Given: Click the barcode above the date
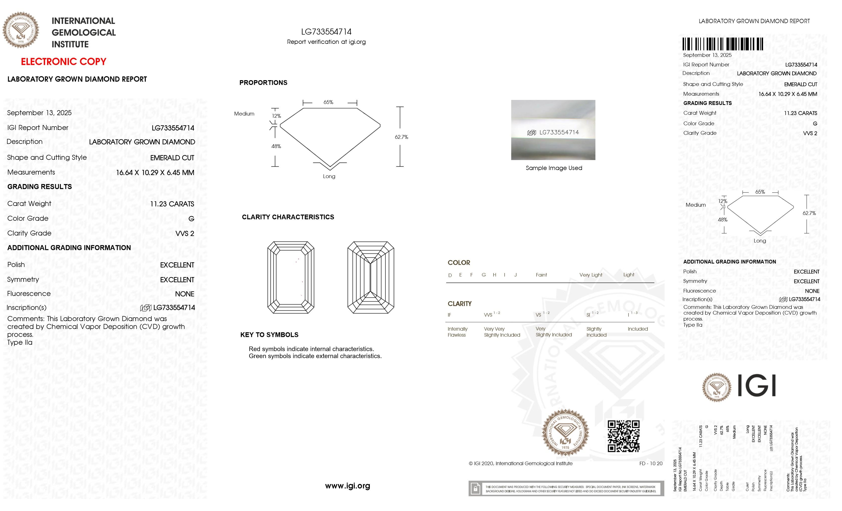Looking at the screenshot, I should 723,44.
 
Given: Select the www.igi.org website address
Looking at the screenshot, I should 348,486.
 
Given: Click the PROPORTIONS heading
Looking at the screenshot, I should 263,83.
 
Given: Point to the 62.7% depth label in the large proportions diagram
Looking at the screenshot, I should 401,137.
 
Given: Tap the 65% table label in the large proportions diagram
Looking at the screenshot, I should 328,102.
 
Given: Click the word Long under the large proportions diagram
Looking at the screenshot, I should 329,177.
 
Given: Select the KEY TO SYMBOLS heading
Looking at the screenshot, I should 269,335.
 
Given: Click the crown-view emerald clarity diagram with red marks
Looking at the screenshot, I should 291,277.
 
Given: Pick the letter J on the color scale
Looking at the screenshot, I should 515,275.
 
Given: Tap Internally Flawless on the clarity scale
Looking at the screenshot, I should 457,332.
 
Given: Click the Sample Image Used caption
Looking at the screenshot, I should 554,168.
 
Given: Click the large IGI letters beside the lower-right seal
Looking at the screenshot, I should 757,386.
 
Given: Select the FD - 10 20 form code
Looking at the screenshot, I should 651,463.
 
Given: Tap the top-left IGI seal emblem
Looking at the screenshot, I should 21,30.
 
